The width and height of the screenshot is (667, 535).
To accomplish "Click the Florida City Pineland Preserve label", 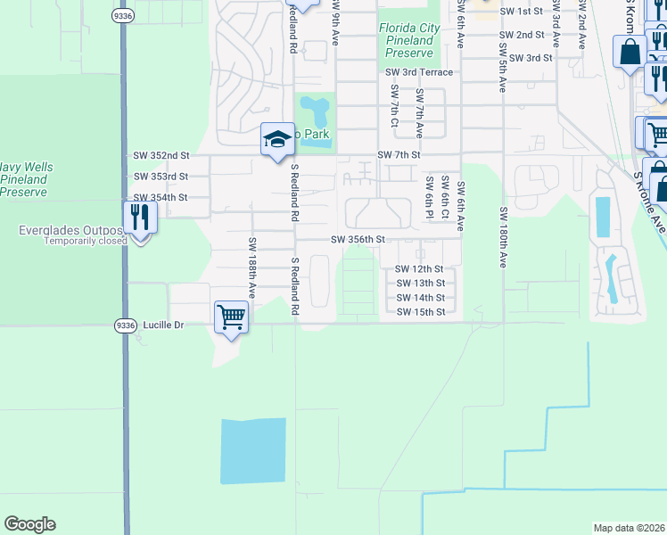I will (406, 40).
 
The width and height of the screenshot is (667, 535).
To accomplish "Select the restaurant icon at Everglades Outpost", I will (140, 217).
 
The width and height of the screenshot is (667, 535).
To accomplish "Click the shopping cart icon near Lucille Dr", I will (231, 317).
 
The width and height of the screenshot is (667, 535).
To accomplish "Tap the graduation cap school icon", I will (277, 139).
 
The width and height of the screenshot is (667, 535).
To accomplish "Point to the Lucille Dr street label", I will (160, 325).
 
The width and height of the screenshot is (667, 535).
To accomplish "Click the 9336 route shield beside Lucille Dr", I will (125, 325).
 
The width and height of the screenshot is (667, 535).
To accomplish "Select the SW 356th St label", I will (358, 240).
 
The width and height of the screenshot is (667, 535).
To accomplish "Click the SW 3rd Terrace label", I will (419, 72).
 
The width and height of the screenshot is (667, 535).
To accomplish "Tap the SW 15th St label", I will (420, 312).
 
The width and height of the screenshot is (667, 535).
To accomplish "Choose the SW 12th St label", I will (420, 269).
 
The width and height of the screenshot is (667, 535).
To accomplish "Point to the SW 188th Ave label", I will (252, 267).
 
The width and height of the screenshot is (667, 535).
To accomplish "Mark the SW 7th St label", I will (399, 155).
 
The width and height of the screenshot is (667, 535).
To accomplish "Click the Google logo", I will (29, 524).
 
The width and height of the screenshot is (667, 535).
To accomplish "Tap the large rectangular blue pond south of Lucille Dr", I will (253, 450).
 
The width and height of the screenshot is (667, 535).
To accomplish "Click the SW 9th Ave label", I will (336, 27).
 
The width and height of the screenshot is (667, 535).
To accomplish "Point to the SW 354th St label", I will (161, 198).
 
